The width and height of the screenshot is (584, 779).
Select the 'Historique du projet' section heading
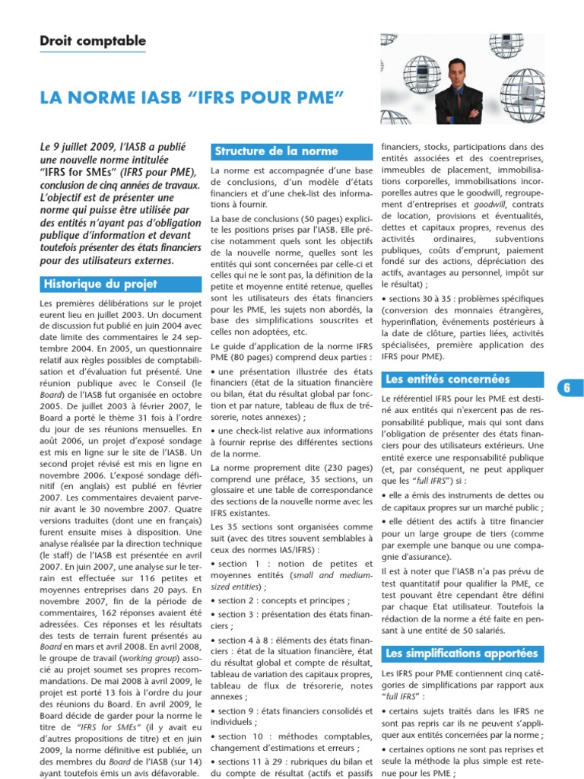pyautogui.click(x=100, y=284)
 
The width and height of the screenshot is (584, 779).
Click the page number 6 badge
pyautogui.click(x=567, y=387)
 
